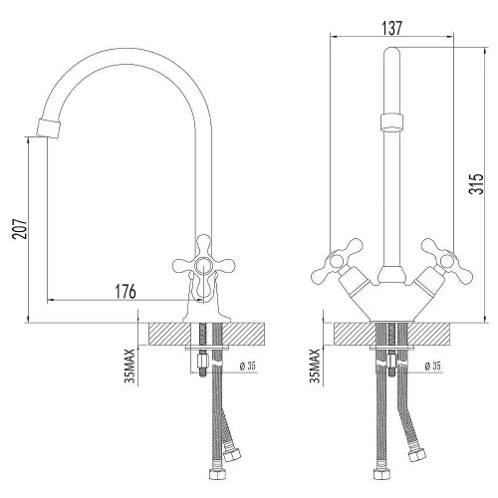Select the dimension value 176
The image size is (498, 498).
[x=124, y=292]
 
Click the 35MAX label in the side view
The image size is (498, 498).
[x=129, y=367]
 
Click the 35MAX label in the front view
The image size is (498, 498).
[x=317, y=367]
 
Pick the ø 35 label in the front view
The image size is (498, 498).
[x=432, y=366]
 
